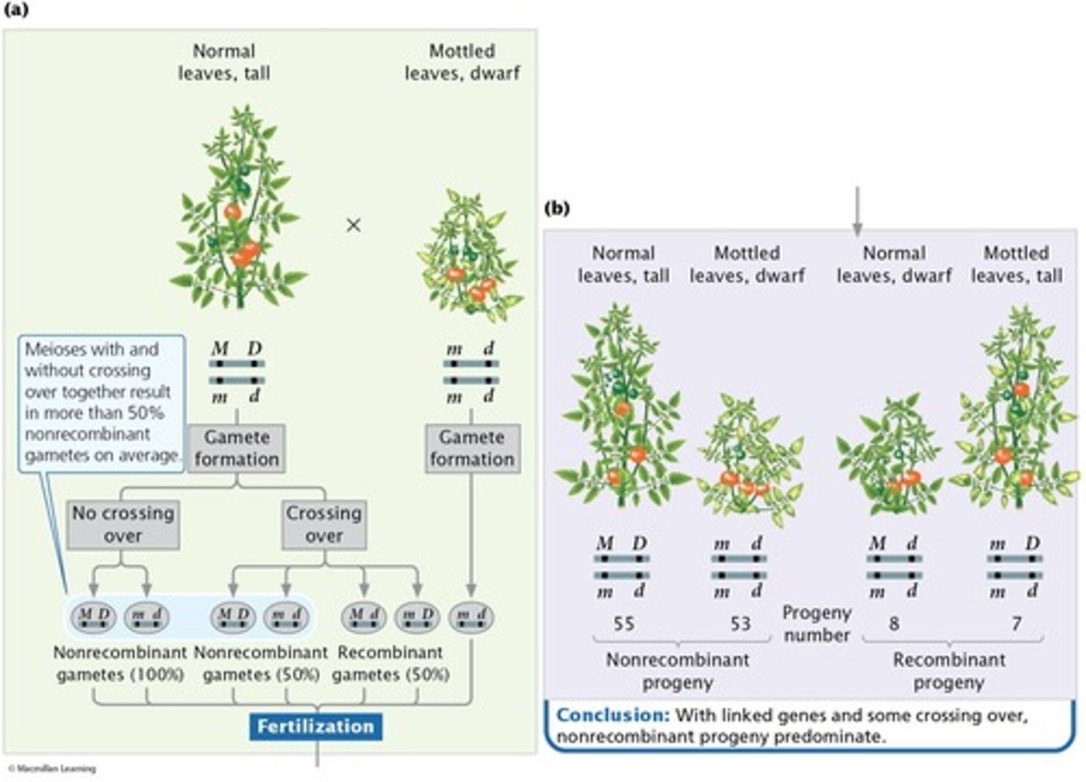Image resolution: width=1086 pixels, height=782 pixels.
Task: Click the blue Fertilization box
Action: [x=316, y=726]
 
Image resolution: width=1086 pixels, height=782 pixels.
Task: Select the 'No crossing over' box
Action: [x=122, y=524]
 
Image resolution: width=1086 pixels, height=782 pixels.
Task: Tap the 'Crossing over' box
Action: [x=324, y=524]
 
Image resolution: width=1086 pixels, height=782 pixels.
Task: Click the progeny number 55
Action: [x=624, y=623]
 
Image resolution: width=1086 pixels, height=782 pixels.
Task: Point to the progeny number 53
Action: [x=740, y=623]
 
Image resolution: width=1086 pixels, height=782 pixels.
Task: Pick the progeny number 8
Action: [x=894, y=623]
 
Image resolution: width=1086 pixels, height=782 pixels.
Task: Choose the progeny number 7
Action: [x=1017, y=623]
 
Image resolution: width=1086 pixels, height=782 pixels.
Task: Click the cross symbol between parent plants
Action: [x=353, y=225]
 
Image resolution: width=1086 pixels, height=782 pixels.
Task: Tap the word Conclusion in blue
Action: [x=612, y=715]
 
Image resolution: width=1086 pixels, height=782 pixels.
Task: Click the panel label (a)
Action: [x=16, y=10]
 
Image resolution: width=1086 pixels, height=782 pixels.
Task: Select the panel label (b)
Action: [x=557, y=208]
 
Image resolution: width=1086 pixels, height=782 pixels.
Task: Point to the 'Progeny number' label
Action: [x=817, y=623]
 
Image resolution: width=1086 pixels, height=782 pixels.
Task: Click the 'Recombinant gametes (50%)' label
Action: [x=391, y=663]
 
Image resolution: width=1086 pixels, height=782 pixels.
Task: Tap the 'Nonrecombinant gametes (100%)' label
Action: [x=120, y=663]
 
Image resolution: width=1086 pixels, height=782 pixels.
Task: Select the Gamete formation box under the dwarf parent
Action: [x=472, y=448]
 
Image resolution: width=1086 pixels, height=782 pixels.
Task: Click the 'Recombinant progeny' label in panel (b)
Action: [x=949, y=670]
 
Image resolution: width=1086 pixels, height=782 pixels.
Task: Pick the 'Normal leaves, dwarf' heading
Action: [x=894, y=264]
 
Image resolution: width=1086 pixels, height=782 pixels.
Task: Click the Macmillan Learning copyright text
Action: [x=52, y=768]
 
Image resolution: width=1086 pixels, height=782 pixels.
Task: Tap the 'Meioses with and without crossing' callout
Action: [x=100, y=402]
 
